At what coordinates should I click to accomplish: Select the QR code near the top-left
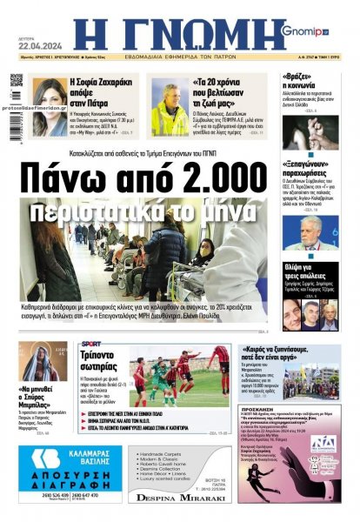coord(17,81)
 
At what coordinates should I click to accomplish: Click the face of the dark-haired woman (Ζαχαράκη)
coord(50,94)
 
